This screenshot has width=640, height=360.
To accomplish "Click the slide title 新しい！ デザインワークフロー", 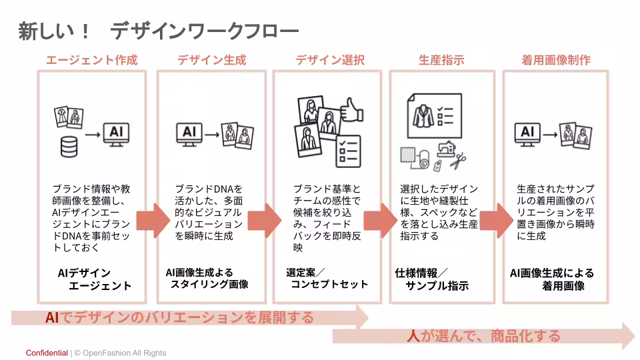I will tap(158, 31).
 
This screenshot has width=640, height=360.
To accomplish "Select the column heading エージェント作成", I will tap(91, 60).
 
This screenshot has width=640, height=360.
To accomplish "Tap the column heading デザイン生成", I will tap(211, 60).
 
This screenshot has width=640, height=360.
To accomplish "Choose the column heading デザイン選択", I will tap(330, 60).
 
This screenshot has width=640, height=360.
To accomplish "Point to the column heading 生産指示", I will tap(441, 60).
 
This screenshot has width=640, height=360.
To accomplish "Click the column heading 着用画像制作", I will tap(556, 60).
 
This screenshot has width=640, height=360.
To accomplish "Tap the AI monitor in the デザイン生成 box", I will tap(189, 133).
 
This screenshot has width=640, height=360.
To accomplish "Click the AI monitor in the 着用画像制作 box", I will tap(527, 133).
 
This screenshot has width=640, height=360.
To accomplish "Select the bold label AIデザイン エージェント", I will tap(93, 279).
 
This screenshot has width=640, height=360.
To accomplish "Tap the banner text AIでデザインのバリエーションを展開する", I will tap(179, 317).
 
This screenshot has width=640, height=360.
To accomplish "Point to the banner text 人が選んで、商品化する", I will tap(483, 336).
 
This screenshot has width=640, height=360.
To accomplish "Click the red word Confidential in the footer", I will tap(47, 353).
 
